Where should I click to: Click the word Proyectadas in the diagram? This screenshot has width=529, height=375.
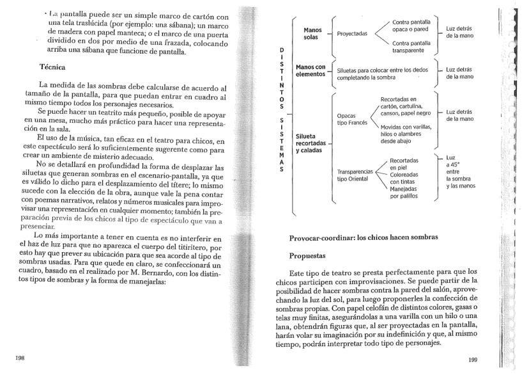(x=352, y=34)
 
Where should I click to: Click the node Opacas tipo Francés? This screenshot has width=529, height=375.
(x=351, y=120)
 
